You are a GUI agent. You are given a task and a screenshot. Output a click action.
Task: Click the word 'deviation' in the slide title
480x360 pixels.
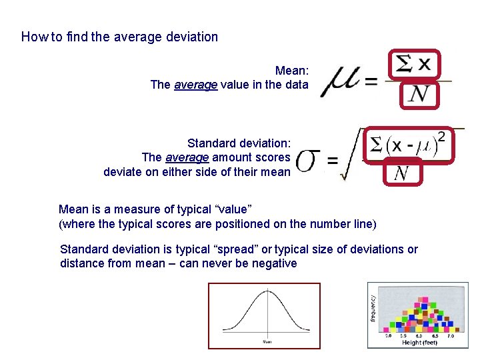point(193,37)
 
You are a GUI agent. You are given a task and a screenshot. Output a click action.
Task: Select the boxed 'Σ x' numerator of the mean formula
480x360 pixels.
point(414,65)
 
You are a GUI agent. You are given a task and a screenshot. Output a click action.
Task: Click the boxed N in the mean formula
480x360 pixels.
point(419,95)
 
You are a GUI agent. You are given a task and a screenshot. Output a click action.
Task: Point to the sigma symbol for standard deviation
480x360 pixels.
point(307,160)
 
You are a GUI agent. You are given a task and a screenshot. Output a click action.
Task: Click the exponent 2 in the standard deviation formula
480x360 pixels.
point(441,135)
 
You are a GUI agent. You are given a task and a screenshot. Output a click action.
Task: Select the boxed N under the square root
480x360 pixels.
point(402,173)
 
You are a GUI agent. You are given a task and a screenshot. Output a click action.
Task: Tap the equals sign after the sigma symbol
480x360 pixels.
point(332,161)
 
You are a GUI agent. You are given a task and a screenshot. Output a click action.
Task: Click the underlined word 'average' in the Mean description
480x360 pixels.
point(195,85)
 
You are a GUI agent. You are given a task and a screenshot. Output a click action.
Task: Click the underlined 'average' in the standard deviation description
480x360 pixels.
point(187,157)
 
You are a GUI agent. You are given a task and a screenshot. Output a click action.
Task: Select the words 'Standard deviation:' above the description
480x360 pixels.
point(239,143)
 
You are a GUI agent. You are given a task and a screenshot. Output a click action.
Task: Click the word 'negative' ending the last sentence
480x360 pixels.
point(275,263)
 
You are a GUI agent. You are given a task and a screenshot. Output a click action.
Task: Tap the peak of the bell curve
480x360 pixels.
point(267,291)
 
